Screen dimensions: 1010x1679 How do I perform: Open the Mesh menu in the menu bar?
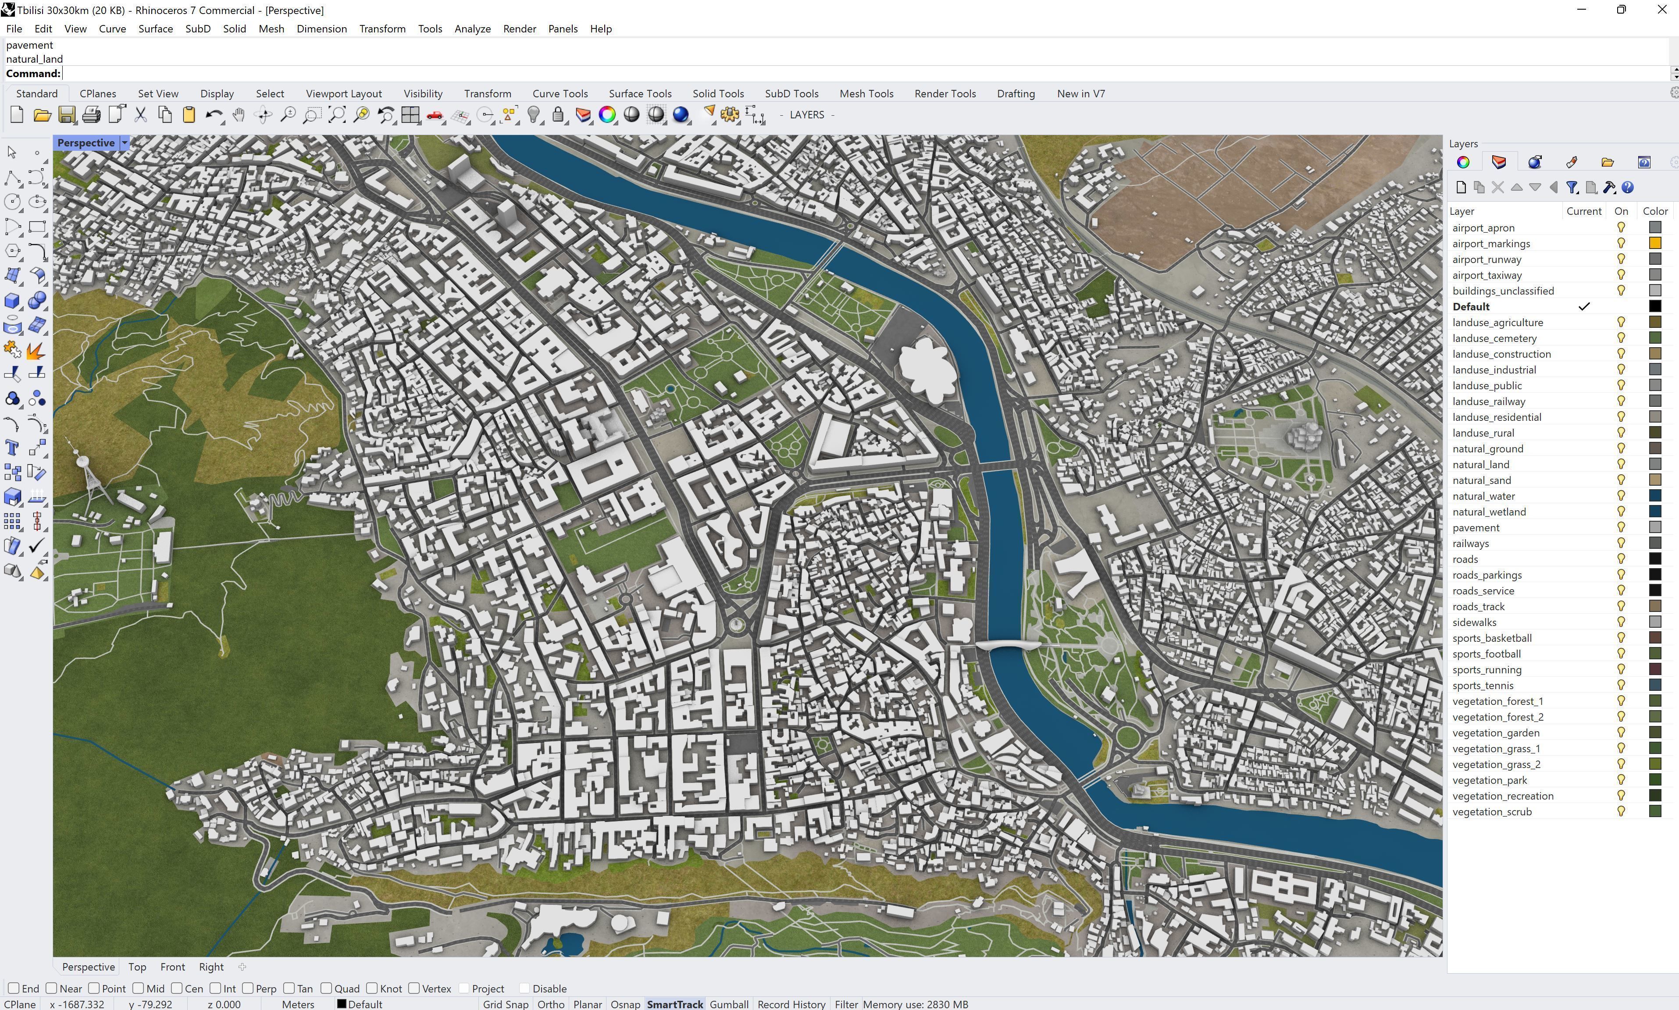pyautogui.click(x=271, y=28)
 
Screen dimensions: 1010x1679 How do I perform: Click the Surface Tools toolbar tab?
pyautogui.click(x=640, y=93)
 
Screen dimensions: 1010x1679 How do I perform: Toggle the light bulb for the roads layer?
pyautogui.click(x=1621, y=559)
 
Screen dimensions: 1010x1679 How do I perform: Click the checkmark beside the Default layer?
pyautogui.click(x=1584, y=306)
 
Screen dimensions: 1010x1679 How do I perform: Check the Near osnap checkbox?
pyautogui.click(x=52, y=988)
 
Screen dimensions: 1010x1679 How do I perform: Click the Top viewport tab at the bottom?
pyautogui.click(x=137, y=967)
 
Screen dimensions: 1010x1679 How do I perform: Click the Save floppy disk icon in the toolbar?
pyautogui.click(x=67, y=115)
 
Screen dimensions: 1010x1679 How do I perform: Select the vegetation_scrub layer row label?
pyautogui.click(x=1491, y=811)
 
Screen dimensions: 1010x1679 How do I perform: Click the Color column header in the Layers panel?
pyautogui.click(x=1654, y=211)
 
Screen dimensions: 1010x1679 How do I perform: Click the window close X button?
pyautogui.click(x=1661, y=10)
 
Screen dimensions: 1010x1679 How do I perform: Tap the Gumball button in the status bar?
pyautogui.click(x=728, y=1004)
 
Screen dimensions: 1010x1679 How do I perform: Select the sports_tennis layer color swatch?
pyautogui.click(x=1654, y=685)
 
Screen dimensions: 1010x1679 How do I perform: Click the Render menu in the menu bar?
pyautogui.click(x=519, y=28)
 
